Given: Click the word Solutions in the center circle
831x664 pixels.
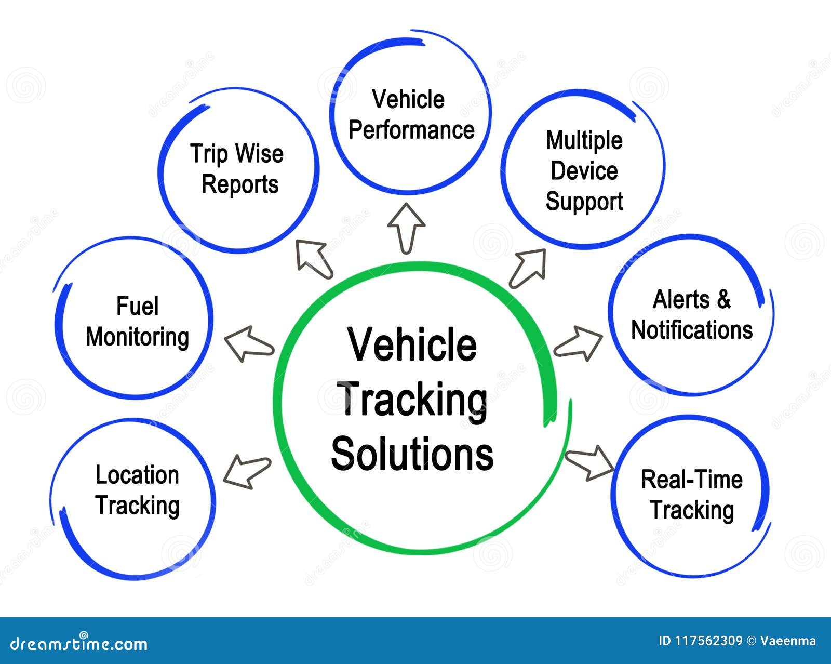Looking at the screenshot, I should click(412, 454).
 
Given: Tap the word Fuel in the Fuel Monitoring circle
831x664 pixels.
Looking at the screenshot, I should click(137, 306).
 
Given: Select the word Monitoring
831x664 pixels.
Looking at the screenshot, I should click(137, 337).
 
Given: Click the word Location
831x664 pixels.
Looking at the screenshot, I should click(137, 475).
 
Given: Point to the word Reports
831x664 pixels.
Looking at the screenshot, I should click(239, 184).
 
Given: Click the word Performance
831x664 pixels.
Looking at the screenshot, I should click(411, 130).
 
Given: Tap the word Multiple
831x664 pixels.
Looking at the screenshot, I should click(584, 141).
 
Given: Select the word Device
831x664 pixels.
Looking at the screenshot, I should click(584, 171).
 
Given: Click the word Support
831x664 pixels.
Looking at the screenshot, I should click(584, 202).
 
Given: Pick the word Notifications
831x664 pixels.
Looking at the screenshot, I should click(692, 330).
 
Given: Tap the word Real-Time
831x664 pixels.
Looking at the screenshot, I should click(691, 479).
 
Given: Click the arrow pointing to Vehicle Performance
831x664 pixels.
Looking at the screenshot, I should click(406, 227).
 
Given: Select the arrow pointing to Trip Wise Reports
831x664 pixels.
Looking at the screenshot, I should click(313, 258).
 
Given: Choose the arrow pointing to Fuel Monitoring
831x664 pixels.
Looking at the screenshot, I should click(248, 344).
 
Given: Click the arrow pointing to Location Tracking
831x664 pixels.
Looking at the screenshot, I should click(247, 471).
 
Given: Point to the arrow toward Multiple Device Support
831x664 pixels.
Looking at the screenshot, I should click(529, 267).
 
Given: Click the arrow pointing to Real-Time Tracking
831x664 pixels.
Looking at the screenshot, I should click(589, 462).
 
